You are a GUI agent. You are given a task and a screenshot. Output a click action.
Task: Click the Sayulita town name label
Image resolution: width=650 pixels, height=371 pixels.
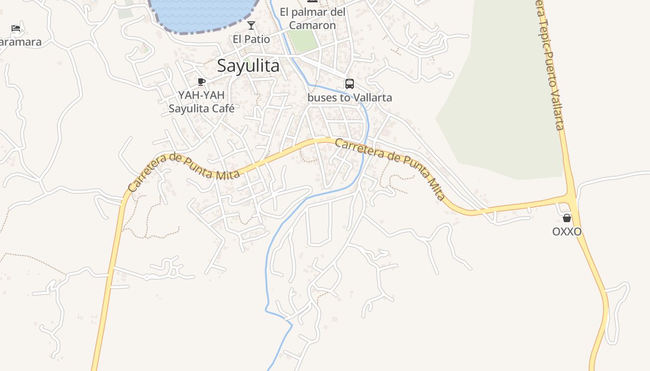tap(248, 66)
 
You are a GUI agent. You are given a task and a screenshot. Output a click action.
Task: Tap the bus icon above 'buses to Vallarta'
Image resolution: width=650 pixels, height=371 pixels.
tap(350, 84)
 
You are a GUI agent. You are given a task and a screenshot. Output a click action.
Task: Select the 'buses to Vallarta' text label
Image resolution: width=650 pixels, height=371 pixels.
tap(350, 98)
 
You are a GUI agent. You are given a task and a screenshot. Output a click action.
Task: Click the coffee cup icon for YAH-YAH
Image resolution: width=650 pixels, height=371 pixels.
tap(201, 82)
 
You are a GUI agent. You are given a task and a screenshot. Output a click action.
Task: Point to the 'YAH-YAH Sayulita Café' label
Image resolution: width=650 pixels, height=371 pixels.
tap(201, 102)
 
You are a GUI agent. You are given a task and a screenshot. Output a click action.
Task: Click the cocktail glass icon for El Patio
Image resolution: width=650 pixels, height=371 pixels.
tap(251, 26)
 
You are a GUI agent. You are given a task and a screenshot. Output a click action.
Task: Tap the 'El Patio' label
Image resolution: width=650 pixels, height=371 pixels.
tap(251, 39)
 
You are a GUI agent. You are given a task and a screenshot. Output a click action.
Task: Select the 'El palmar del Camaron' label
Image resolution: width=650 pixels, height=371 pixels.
tap(312, 19)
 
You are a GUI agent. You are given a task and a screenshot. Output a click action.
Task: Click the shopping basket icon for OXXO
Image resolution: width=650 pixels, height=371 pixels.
tap(567, 218)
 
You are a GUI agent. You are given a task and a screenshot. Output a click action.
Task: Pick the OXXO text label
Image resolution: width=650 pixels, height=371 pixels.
tap(567, 231)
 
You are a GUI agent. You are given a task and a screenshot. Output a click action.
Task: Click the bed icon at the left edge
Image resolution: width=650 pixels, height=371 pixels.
tap(16, 28)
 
